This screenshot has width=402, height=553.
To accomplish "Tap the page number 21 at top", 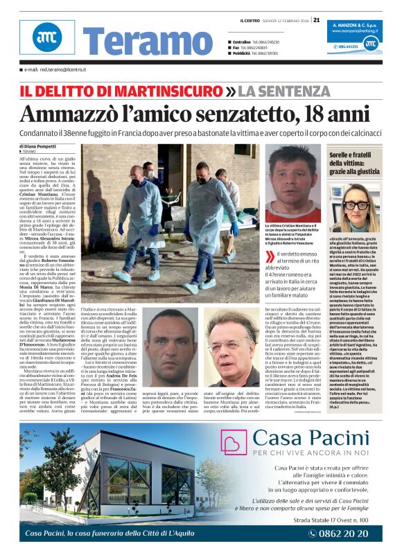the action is [x=316, y=20].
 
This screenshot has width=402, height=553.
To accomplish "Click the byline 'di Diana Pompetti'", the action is [x=38, y=147].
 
